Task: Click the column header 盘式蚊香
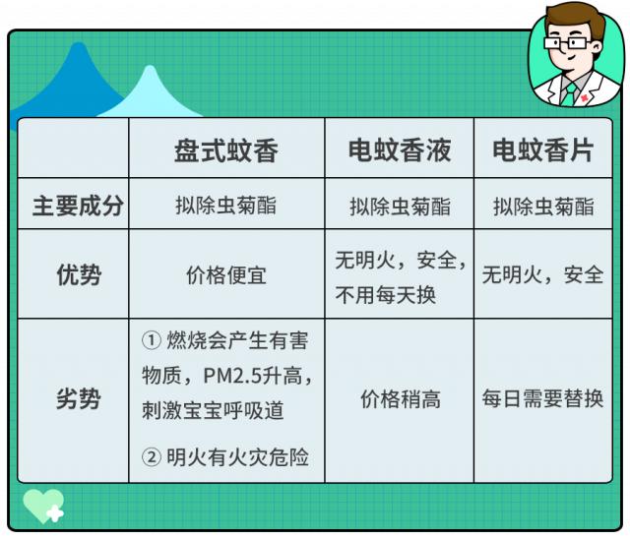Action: [225, 150]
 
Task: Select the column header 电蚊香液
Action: [400, 150]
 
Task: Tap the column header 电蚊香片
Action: [542, 150]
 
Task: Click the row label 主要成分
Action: [78, 206]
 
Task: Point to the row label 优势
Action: [79, 275]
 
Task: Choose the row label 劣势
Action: [78, 399]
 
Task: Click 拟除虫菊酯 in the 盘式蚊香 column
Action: [225, 206]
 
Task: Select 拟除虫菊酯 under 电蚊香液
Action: [400, 207]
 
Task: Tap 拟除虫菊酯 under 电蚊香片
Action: [543, 207]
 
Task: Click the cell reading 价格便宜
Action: [226, 276]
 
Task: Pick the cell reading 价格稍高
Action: [401, 399]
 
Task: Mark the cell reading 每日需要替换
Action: [542, 399]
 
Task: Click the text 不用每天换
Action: [385, 295]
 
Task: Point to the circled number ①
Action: [152, 340]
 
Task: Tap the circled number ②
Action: [152, 457]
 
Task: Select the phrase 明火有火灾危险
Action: [237, 457]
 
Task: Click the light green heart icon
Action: [43, 506]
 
